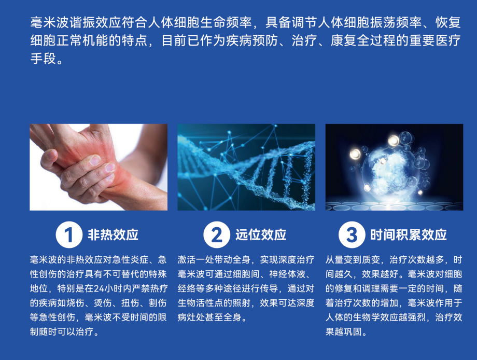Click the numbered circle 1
[x=69, y=234]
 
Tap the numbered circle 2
[x=217, y=234]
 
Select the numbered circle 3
[x=352, y=234]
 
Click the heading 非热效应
[x=113, y=234]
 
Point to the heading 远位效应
[x=261, y=234]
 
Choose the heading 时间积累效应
[x=409, y=234]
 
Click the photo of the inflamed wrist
[x=99, y=167]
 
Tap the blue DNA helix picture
[x=246, y=167]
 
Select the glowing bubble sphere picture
[x=394, y=167]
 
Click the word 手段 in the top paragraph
[x=43, y=59]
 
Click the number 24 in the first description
[x=99, y=288]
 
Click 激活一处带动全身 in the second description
[x=214, y=259]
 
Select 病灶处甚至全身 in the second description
[x=209, y=317]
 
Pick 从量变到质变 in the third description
[x=353, y=259]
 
